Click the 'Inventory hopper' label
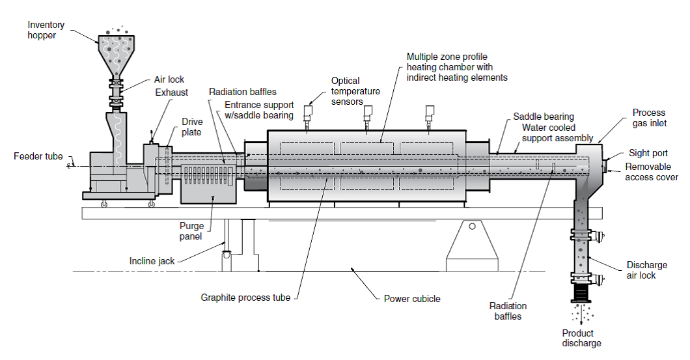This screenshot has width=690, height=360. pyautogui.click(x=46, y=30)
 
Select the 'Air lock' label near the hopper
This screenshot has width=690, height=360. pyautogui.click(x=169, y=79)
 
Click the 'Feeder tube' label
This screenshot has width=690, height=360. pyautogui.click(x=38, y=156)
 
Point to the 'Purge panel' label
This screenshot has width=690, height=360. pyautogui.click(x=192, y=231)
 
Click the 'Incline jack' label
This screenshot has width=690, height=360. pyautogui.click(x=152, y=261)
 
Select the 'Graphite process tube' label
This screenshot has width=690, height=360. pyautogui.click(x=245, y=298)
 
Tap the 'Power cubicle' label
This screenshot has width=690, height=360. pyautogui.click(x=411, y=299)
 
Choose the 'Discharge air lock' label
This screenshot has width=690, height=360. pyautogui.click(x=646, y=270)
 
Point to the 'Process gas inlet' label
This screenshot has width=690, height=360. pyautogui.click(x=648, y=118)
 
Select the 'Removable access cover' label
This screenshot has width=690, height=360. pyautogui.click(x=651, y=172)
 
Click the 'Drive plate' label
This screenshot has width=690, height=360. pyautogui.click(x=192, y=126)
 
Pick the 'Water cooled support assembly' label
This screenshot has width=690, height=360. pyautogui.click(x=557, y=133)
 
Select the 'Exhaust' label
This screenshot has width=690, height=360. pyautogui.click(x=171, y=92)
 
